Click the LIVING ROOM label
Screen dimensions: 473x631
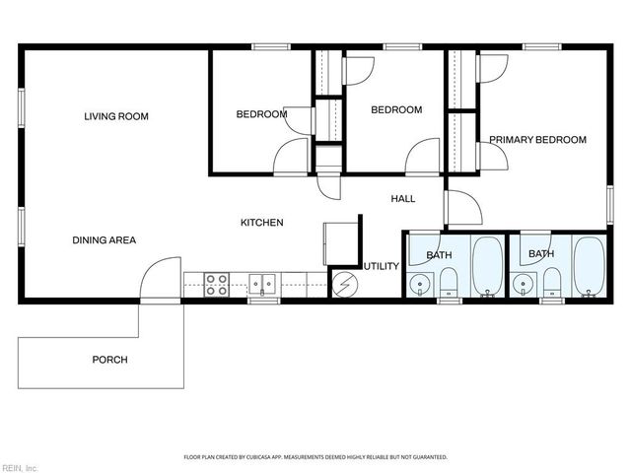[x=115, y=116]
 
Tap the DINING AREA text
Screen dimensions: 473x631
[x=104, y=239]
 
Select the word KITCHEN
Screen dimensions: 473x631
[x=262, y=223]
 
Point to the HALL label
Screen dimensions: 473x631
[x=402, y=199]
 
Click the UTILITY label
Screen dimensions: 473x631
[x=381, y=266]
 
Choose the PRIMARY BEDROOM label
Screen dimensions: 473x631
[x=537, y=140]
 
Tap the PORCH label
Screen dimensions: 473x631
[x=109, y=360]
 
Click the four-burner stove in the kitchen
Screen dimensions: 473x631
[x=217, y=285]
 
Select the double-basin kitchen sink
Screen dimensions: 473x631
[x=262, y=285]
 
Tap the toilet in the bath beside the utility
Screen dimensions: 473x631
[x=450, y=283]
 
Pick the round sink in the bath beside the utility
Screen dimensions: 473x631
[x=420, y=285]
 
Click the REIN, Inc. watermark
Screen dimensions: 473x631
[x=20, y=466]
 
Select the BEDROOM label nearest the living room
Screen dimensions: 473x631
[x=261, y=114]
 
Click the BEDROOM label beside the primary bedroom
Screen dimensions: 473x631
[x=395, y=109]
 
